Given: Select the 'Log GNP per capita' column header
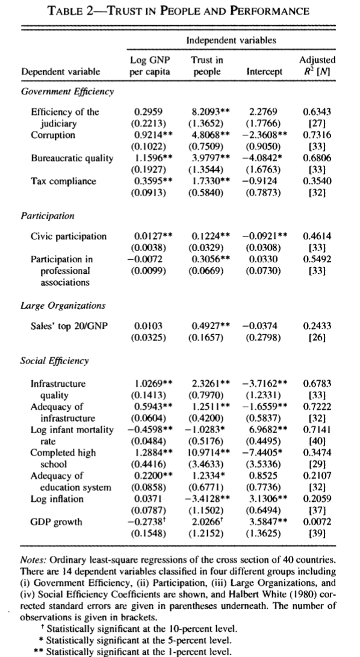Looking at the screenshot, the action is [x=151, y=66].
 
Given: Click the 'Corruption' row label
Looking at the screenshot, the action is [x=54, y=135].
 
